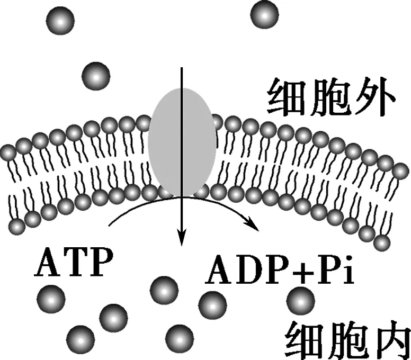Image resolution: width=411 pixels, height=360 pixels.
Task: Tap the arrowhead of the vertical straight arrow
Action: tap(182, 240)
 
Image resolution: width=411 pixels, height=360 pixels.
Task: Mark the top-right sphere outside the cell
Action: tap(264, 14)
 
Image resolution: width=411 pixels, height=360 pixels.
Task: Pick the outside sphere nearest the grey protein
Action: tap(96, 76)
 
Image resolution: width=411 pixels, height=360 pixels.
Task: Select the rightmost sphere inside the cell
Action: tap(300, 300)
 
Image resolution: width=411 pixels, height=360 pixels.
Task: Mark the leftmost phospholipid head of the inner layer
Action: tap(17, 227)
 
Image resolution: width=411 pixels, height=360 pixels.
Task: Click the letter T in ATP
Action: tap(73, 264)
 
